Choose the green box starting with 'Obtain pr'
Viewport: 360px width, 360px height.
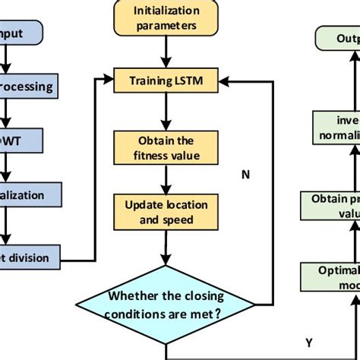pos(334,204)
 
